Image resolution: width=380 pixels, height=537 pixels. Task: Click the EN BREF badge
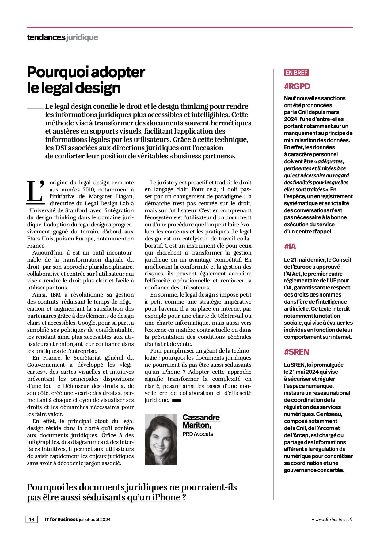tap(296, 73)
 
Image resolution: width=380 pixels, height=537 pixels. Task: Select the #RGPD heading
tap(297, 86)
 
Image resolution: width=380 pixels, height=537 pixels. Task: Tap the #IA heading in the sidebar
tap(290, 247)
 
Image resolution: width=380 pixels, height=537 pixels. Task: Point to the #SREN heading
tap(296, 352)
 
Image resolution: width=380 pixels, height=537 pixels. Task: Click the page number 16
tap(32, 520)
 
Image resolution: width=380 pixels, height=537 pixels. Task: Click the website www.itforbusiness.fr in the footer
tap(332, 520)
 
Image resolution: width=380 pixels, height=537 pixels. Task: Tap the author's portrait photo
tap(161, 439)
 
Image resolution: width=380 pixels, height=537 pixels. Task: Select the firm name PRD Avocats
tap(198, 434)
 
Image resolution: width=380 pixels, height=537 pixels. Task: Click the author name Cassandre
tap(201, 417)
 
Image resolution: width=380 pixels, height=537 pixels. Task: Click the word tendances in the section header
tap(46, 37)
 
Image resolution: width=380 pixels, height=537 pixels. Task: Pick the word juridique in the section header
tap(82, 37)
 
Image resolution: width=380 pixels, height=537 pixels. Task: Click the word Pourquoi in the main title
tap(54, 72)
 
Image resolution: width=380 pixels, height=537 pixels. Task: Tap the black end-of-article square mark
tap(177, 400)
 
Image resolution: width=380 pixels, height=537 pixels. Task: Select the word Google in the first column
tap(87, 323)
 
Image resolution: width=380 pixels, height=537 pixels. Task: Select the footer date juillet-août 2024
tap(95, 520)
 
